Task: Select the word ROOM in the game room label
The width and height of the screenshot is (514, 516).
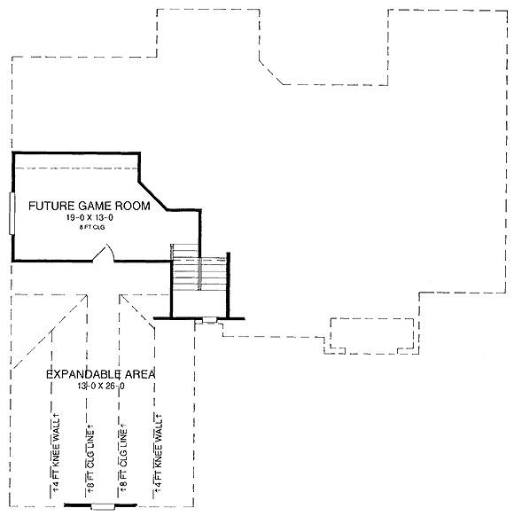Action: point(133,206)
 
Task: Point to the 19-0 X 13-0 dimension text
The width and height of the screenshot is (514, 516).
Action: point(90,217)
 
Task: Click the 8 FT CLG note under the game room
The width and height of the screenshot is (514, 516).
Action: point(92,227)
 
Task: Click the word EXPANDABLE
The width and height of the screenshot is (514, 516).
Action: point(83,374)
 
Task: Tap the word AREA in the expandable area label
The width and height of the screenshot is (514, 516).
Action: point(140,374)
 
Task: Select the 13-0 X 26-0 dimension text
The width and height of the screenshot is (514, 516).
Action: point(101,386)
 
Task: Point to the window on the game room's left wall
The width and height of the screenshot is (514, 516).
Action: point(12,214)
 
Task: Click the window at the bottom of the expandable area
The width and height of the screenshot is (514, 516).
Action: point(103,506)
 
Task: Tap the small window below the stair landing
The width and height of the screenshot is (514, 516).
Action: point(209,319)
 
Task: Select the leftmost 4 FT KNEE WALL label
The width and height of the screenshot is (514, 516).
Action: point(57,452)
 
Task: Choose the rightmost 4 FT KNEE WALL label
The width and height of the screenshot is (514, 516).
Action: point(159,453)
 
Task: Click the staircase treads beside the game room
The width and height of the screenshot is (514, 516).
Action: point(199,267)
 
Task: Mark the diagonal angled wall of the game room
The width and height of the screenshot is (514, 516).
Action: point(153,195)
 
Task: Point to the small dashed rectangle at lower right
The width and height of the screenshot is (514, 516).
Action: point(372,333)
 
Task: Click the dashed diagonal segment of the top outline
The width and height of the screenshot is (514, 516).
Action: point(271,73)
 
